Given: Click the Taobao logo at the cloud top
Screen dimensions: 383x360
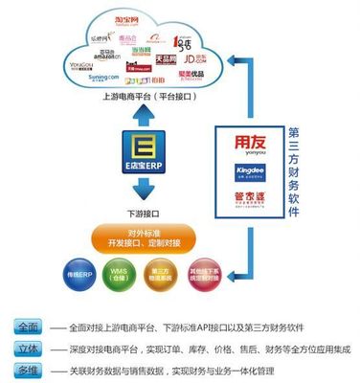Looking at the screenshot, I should tap(145, 19).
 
